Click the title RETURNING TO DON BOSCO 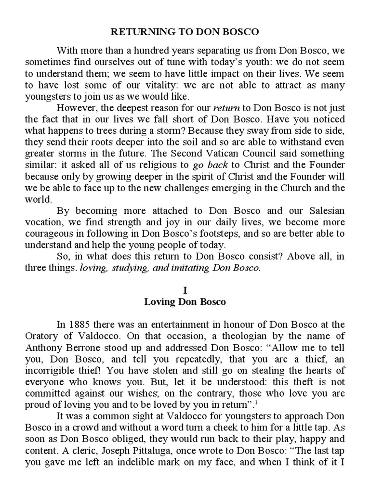185,32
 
